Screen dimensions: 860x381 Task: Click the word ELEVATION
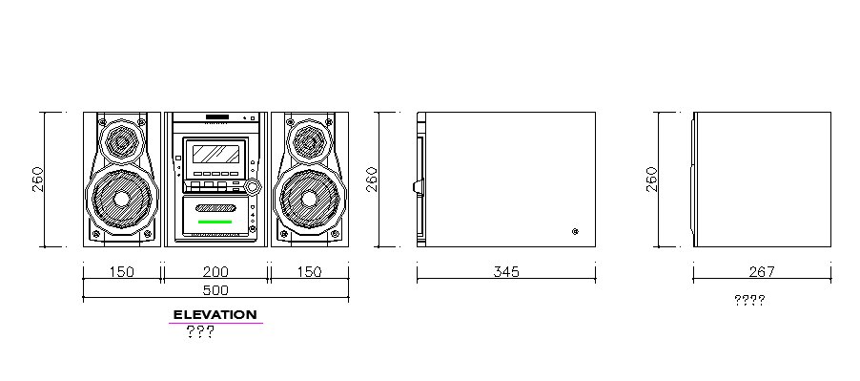tap(215, 315)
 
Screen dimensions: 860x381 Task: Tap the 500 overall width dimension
tap(215, 290)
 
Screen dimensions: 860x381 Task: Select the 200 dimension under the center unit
tap(215, 271)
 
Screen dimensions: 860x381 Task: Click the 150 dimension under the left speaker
tap(122, 271)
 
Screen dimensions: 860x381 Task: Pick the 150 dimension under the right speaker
tap(309, 271)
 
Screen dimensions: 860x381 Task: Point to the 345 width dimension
tap(505, 271)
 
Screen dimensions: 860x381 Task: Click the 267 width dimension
tap(762, 271)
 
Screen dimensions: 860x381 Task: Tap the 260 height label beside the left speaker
tap(38, 179)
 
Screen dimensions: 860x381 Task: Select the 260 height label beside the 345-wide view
tap(372, 179)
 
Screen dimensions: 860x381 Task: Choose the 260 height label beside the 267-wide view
tap(651, 179)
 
